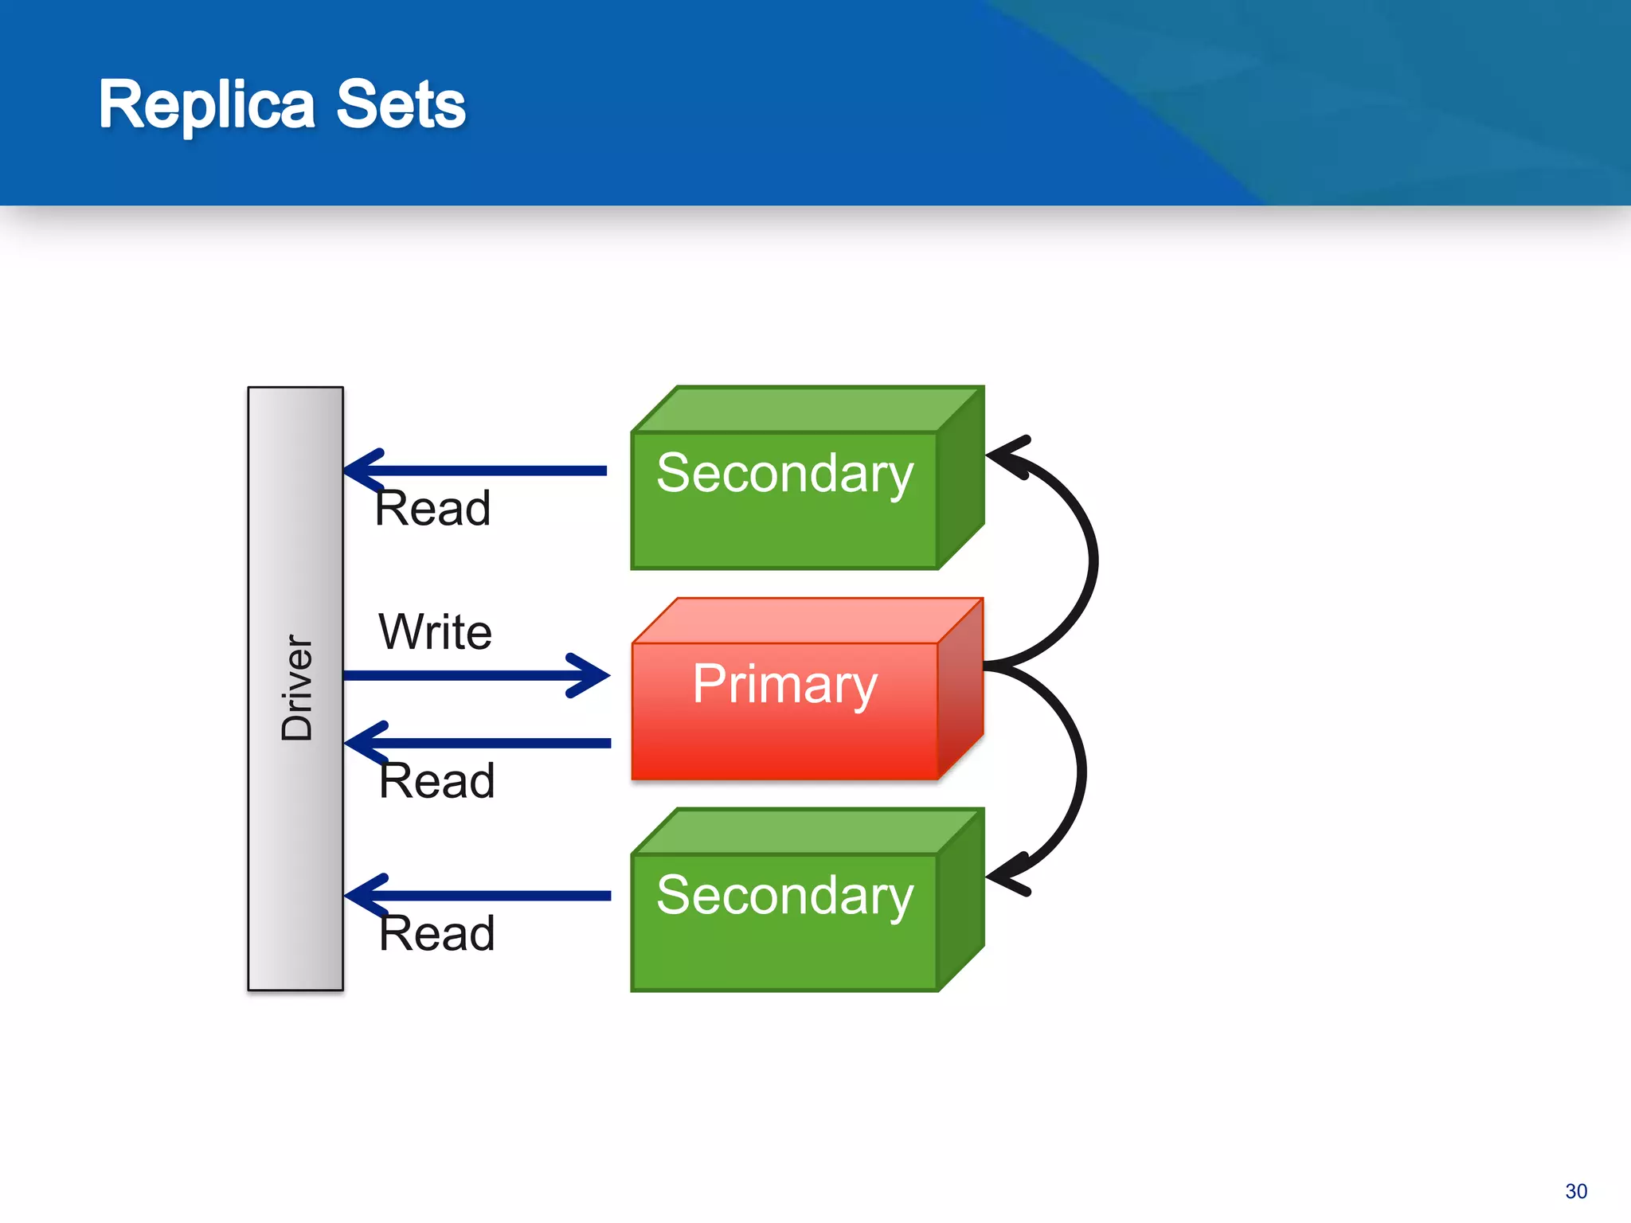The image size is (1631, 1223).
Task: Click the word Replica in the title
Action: pyautogui.click(x=206, y=104)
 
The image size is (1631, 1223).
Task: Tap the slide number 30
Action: pyautogui.click(x=1575, y=1191)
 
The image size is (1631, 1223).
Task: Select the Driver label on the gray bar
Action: pyautogui.click(x=296, y=688)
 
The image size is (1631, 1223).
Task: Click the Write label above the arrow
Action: pyautogui.click(x=435, y=632)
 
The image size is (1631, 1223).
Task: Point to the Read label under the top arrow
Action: pyautogui.click(x=432, y=508)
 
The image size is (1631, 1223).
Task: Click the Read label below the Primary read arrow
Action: pyautogui.click(x=436, y=780)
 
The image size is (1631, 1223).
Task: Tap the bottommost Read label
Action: pyautogui.click(x=436, y=933)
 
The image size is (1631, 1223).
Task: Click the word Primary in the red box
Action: pyautogui.click(x=784, y=685)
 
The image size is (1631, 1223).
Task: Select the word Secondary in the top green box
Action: pyautogui.click(x=784, y=473)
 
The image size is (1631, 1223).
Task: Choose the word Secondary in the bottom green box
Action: pyautogui.click(x=784, y=895)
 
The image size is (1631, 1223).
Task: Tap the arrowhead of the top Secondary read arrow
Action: pyautogui.click(x=363, y=471)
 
